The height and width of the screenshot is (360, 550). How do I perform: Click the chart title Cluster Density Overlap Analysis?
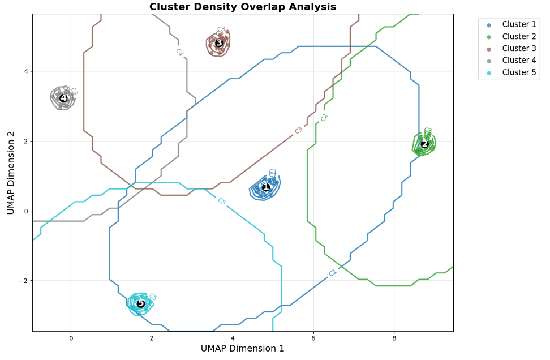[242, 7]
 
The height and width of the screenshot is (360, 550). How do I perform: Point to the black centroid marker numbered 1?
[266, 187]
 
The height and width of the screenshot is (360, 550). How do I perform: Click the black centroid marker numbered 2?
[424, 144]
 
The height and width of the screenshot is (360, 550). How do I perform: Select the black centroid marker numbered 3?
[219, 42]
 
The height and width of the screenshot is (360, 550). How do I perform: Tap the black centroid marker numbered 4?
[63, 98]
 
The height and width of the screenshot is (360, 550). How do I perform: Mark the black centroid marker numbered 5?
[141, 304]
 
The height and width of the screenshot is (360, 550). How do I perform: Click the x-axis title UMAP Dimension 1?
[242, 349]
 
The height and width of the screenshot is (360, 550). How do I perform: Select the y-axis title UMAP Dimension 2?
[11, 173]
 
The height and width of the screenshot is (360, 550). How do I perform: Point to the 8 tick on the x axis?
[394, 338]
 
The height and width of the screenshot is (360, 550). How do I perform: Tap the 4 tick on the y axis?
[25, 71]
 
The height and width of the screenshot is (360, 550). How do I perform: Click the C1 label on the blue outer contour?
[333, 273]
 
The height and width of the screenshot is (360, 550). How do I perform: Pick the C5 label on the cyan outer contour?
[222, 202]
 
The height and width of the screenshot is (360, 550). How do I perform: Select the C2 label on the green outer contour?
[324, 118]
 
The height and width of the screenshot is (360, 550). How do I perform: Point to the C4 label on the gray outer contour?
[179, 52]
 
